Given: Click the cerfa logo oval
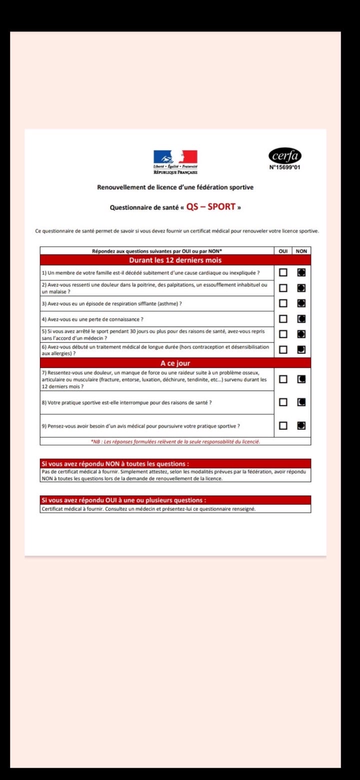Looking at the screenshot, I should pos(285,156).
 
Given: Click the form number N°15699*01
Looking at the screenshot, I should pos(285,168).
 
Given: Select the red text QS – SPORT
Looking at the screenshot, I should pos(211,207).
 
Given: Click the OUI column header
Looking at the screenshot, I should pos(283,251).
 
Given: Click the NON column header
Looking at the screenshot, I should pos(301,251).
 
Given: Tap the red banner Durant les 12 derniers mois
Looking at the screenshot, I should pos(175,260).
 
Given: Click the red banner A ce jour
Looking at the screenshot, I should pos(175,363).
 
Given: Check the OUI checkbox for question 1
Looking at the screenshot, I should pos(283,273).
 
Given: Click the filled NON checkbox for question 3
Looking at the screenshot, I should pos(301,303).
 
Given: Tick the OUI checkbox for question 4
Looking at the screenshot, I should pos(283,319).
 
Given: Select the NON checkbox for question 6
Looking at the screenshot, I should pos(301,350).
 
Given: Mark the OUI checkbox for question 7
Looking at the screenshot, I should pos(283,379).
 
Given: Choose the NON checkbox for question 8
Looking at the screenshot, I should pos(301,402).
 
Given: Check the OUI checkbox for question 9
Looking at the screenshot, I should pos(283,426).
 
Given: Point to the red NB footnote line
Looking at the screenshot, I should pos(175,441).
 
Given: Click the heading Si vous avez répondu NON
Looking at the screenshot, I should pos(115,464).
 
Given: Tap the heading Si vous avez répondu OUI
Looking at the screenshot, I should pos(123,500).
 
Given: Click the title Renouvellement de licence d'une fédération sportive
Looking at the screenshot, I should pos(175,188).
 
